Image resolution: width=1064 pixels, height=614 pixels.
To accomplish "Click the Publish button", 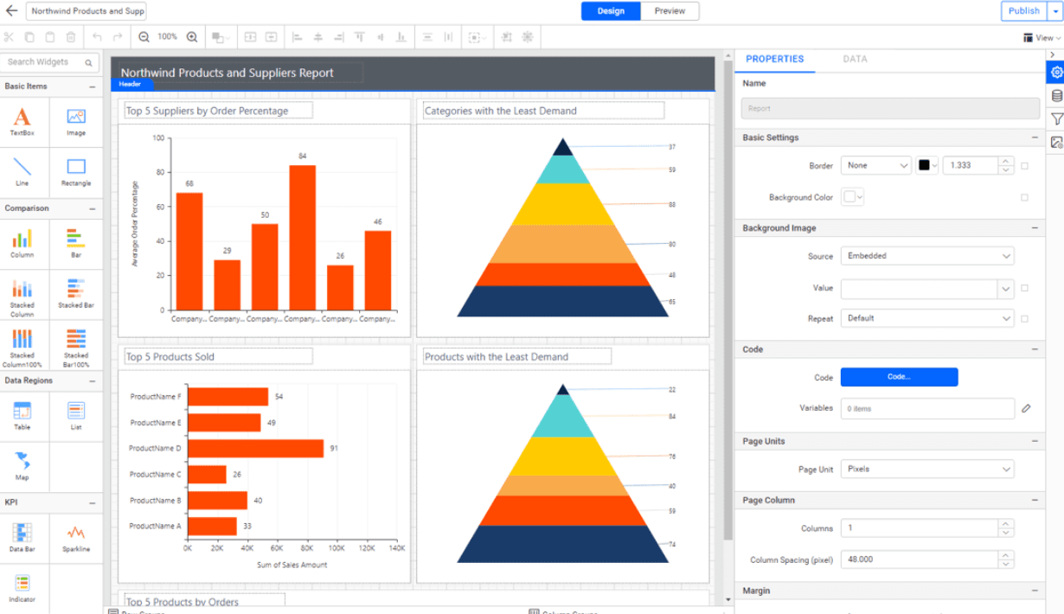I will (1023, 11).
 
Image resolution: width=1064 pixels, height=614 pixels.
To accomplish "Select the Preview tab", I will (670, 11).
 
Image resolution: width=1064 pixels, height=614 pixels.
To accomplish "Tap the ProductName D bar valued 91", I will (255, 449).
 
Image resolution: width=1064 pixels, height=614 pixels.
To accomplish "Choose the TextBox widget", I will (22, 120).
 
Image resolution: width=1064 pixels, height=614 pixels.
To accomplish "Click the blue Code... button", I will (899, 377).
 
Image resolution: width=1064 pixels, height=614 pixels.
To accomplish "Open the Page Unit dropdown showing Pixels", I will (926, 470).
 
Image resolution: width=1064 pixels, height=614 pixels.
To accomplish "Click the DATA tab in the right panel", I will (855, 59).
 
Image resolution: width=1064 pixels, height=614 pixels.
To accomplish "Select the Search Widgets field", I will (45, 62).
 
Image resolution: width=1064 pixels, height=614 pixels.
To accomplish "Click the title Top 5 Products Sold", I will (170, 357).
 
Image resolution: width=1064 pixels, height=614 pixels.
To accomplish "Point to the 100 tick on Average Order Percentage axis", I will (158, 138).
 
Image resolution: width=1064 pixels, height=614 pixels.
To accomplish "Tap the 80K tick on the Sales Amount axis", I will (307, 548).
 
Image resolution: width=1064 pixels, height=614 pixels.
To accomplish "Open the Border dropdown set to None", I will (875, 165).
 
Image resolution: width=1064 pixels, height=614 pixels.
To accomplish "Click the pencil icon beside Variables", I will (1026, 408).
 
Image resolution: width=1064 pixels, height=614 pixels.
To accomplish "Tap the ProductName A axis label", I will (156, 526).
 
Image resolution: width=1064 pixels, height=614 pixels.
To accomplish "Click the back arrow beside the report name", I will (11, 11).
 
